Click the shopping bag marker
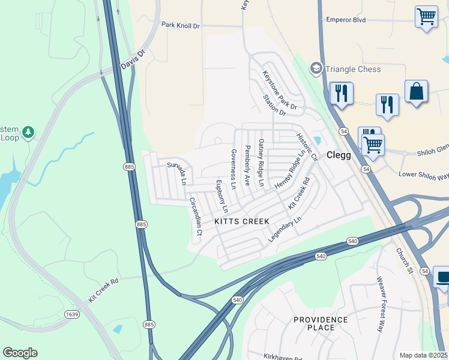point(416,92)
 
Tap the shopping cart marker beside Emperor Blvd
point(426,16)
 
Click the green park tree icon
point(28,131)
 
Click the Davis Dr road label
point(133,59)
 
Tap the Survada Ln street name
point(177,173)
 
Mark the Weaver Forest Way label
point(381,304)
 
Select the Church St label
point(405,262)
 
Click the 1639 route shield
point(72,314)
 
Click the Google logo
point(20,353)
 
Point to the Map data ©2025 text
point(423,355)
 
